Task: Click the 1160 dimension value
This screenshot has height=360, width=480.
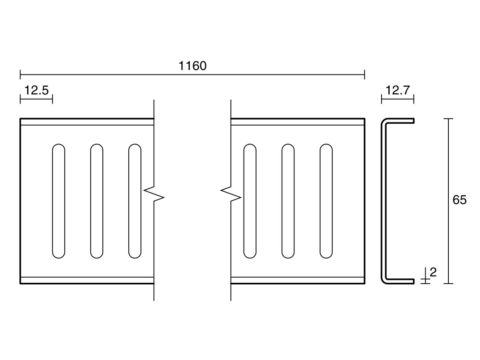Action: point(192,66)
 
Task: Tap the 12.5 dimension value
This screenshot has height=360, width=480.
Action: point(36,90)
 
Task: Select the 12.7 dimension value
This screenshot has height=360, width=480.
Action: point(398,90)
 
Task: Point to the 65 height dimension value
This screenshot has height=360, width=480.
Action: point(460,200)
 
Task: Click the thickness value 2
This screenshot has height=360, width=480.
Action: point(433,272)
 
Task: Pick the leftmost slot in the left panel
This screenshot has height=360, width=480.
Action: point(59,201)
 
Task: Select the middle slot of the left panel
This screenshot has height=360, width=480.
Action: point(97,201)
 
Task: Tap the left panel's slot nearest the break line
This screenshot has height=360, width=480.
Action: point(135,201)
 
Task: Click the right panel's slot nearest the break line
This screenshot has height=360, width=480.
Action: point(250,201)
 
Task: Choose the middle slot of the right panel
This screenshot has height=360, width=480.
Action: point(288,201)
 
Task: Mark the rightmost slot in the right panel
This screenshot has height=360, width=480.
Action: point(326,201)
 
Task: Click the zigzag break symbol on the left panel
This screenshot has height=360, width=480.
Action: point(154,194)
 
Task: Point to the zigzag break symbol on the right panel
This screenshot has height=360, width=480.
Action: point(231,194)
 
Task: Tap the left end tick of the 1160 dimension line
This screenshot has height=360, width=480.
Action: point(20,74)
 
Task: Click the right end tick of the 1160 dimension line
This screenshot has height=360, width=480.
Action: point(364,74)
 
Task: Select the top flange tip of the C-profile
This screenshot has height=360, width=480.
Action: point(414,121)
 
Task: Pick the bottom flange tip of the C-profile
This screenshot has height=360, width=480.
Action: point(414,281)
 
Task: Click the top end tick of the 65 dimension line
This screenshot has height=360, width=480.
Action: point(448,118)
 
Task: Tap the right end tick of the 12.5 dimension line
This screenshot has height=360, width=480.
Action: point(52,99)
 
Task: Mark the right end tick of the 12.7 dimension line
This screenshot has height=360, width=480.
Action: point(414,99)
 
